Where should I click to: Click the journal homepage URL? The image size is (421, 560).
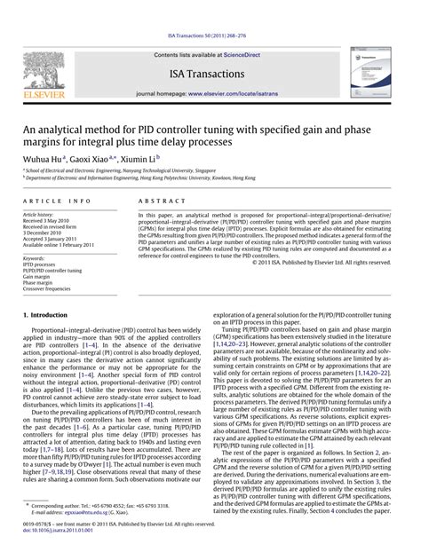237,92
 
